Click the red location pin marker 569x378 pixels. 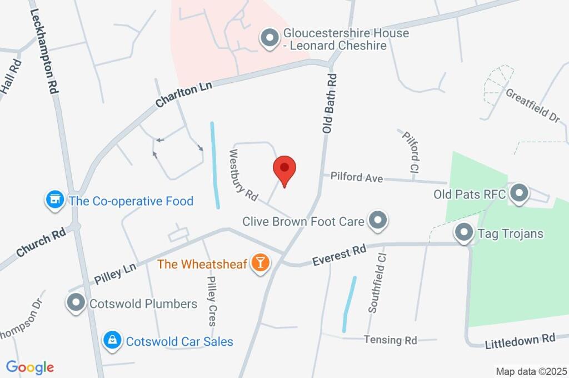pyautogui.click(x=284, y=171)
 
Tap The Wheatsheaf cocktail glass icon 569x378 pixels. pyautogui.click(x=259, y=263)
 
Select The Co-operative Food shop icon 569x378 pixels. pyautogui.click(x=54, y=201)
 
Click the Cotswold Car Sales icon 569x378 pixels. pyautogui.click(x=112, y=341)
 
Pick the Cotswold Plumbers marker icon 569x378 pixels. pyautogui.click(x=75, y=304)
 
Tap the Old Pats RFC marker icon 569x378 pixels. pyautogui.click(x=519, y=195)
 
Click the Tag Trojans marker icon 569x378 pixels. pyautogui.click(x=463, y=233)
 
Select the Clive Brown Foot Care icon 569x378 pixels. pyautogui.click(x=378, y=221)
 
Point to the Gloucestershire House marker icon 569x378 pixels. pyautogui.click(x=270, y=39)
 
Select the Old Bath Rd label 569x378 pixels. pyautogui.click(x=330, y=103)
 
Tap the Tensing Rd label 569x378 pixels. pyautogui.click(x=390, y=340)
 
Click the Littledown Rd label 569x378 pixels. pyautogui.click(x=520, y=341)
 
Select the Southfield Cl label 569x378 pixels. pyautogui.click(x=377, y=283)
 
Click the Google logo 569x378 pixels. pyautogui.click(x=30, y=367)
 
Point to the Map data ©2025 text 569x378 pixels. pyautogui.click(x=531, y=371)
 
